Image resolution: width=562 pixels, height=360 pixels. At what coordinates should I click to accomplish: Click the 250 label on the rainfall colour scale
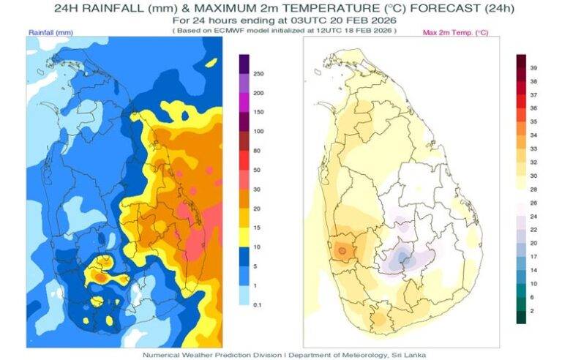(x=258, y=74)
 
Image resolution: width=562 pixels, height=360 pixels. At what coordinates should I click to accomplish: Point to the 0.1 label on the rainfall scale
(x=257, y=303)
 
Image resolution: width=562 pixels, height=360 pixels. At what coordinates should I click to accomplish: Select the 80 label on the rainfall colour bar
(x=257, y=151)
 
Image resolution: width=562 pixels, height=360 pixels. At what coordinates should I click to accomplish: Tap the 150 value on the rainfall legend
(x=258, y=112)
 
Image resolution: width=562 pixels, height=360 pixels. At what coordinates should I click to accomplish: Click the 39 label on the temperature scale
(x=533, y=67)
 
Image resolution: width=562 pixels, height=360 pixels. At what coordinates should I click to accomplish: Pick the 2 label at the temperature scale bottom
(x=532, y=311)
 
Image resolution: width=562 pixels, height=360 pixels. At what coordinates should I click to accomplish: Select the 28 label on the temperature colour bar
(x=533, y=189)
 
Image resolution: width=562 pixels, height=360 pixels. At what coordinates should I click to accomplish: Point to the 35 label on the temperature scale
(x=533, y=121)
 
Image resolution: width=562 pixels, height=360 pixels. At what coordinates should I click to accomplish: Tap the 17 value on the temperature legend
(x=533, y=256)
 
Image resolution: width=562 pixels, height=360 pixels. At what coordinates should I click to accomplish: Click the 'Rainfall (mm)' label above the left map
(x=51, y=33)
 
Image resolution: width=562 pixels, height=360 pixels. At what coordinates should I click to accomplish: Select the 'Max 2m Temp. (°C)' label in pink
(x=456, y=33)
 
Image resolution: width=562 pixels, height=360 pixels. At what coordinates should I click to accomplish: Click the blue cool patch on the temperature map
(x=400, y=258)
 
